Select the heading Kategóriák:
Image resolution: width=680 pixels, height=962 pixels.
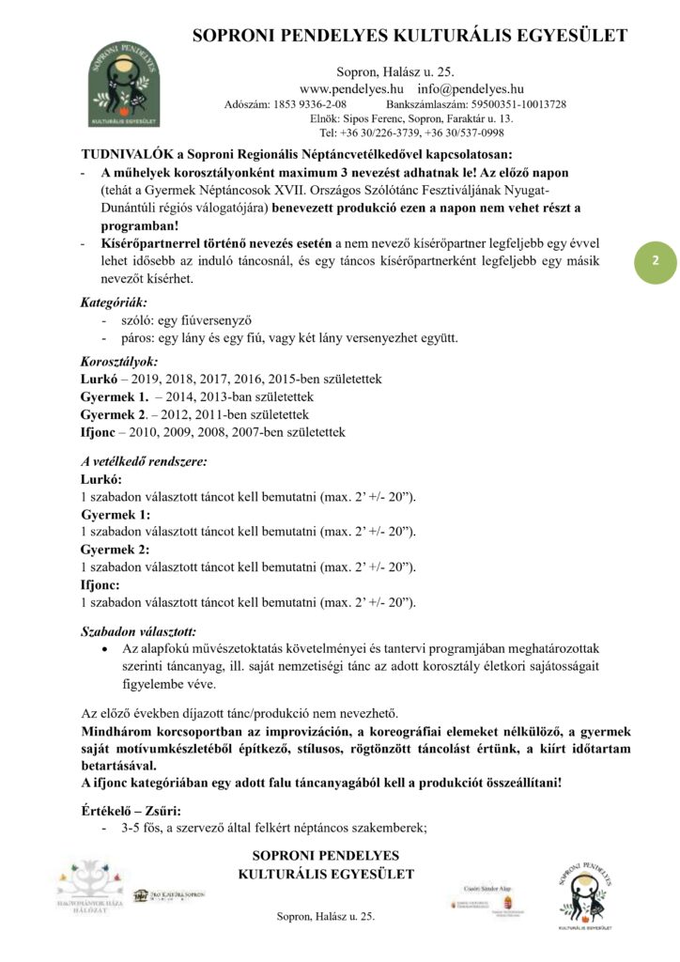[114, 303]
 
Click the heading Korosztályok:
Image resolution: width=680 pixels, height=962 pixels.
[119, 361]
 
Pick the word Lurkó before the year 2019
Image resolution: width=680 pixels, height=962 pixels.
[100, 379]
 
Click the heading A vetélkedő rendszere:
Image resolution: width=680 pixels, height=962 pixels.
[144, 461]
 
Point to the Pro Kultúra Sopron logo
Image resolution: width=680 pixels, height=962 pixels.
[168, 895]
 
